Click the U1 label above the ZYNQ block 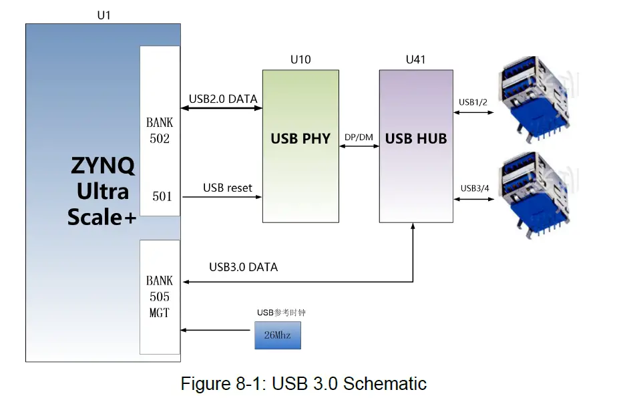[103, 15]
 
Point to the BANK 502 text [160, 131]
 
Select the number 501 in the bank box [162, 196]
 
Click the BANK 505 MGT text [160, 296]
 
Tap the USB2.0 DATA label [222, 99]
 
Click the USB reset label [228, 188]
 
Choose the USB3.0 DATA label [243, 267]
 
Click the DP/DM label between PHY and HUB [359, 138]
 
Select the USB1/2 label [473, 102]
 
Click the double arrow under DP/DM [359, 146]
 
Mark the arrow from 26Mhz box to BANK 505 [217, 330]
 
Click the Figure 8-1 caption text [303, 384]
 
